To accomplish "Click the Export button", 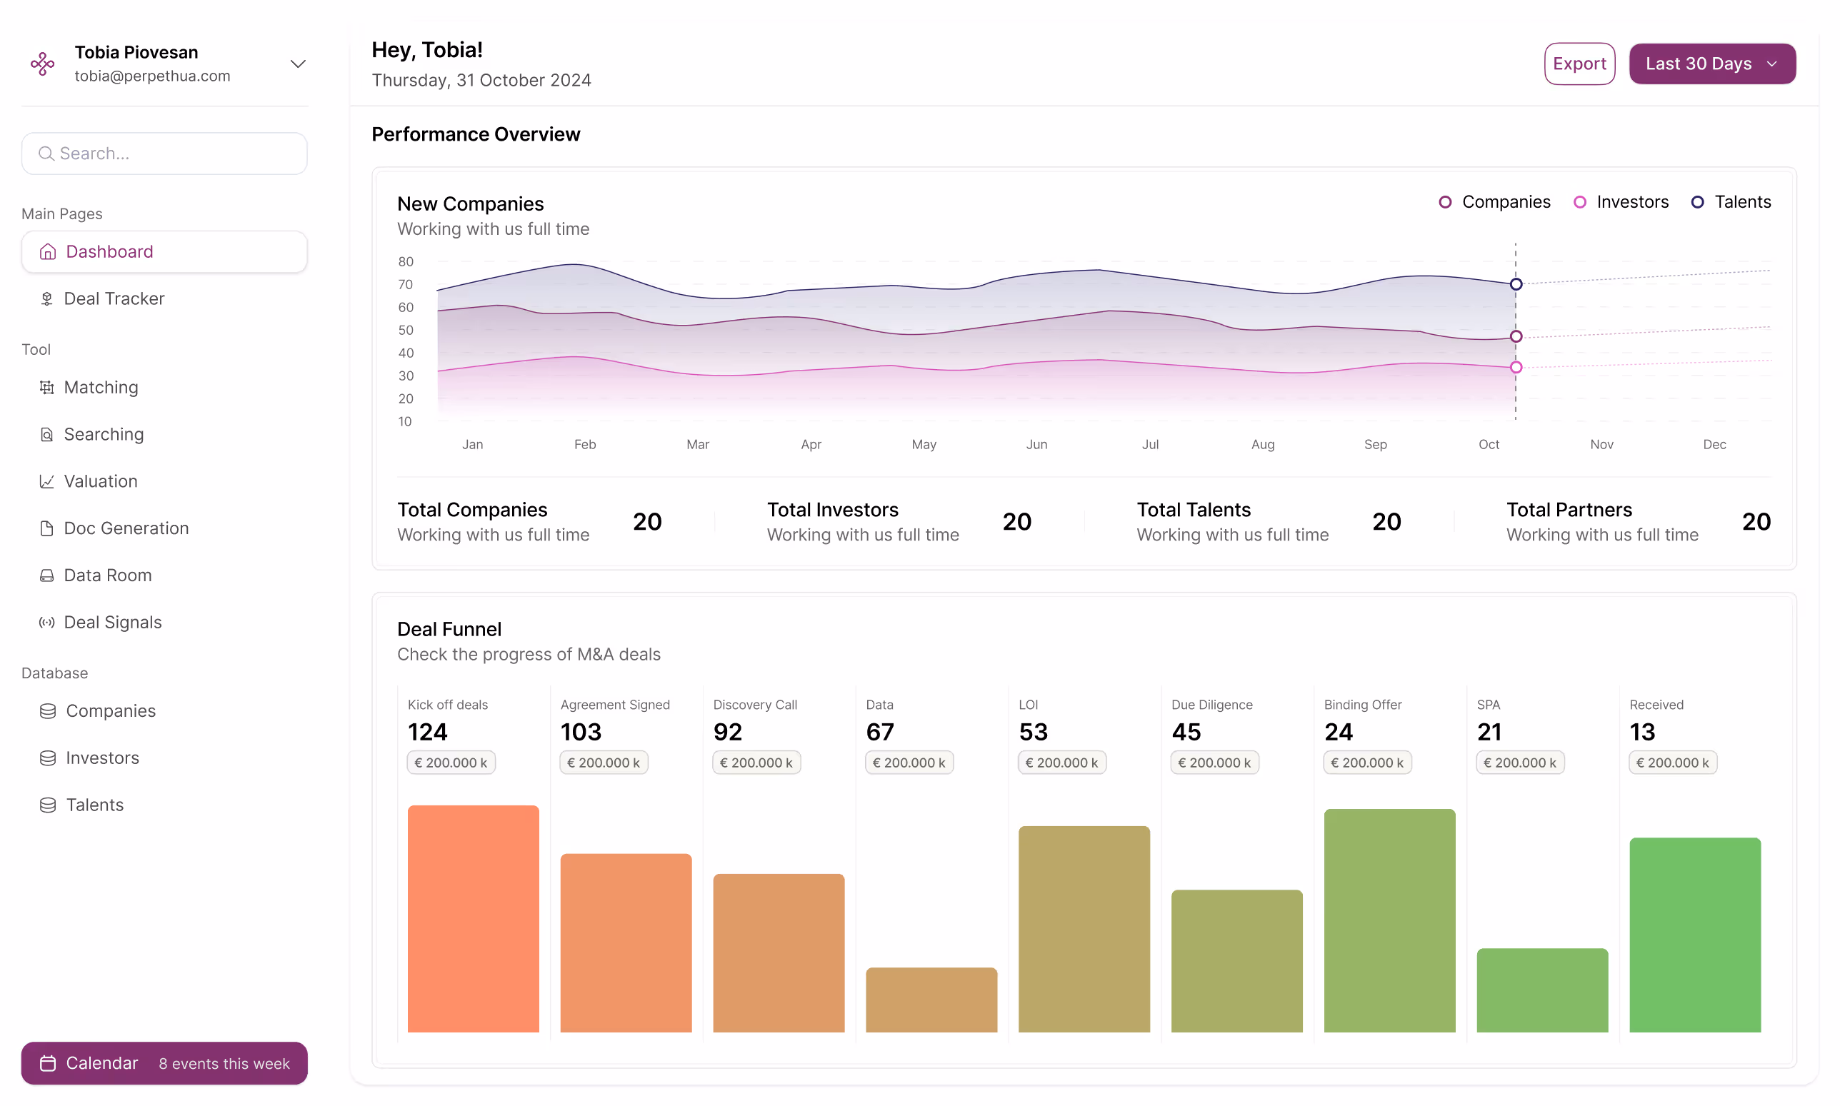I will click(1579, 64).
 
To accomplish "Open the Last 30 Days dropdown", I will click(1711, 64).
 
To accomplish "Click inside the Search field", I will click(164, 154).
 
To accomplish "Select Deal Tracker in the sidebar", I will click(114, 299).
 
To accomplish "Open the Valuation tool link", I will click(100, 481).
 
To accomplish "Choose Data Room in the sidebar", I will click(107, 575).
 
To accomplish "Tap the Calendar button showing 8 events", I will click(164, 1062).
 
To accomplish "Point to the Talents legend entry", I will click(1731, 202).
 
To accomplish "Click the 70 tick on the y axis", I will click(405, 285).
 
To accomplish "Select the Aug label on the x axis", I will click(1262, 444).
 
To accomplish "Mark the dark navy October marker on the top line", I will click(1516, 284).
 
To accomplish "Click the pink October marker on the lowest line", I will click(1516, 368).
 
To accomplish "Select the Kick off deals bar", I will click(473, 918).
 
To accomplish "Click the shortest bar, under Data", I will click(931, 1000).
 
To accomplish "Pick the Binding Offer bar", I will click(1389, 920).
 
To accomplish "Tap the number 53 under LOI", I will click(1033, 732).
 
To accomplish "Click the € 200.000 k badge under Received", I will click(1672, 763).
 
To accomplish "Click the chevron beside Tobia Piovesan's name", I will click(297, 64).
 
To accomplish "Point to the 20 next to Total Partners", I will click(1756, 522).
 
